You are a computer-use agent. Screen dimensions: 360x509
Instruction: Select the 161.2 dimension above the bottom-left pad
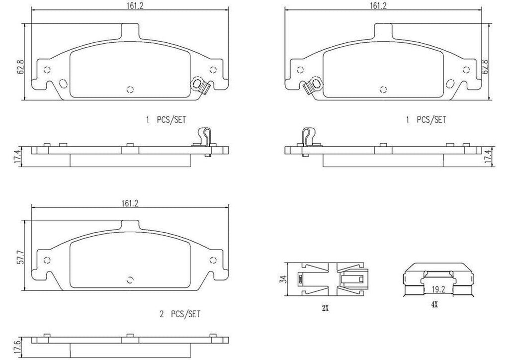point(129,203)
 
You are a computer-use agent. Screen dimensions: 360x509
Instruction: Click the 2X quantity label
point(325,308)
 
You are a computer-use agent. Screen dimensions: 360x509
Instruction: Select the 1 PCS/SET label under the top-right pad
point(426,119)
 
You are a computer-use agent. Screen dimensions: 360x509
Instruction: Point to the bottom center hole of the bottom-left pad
point(130,279)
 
